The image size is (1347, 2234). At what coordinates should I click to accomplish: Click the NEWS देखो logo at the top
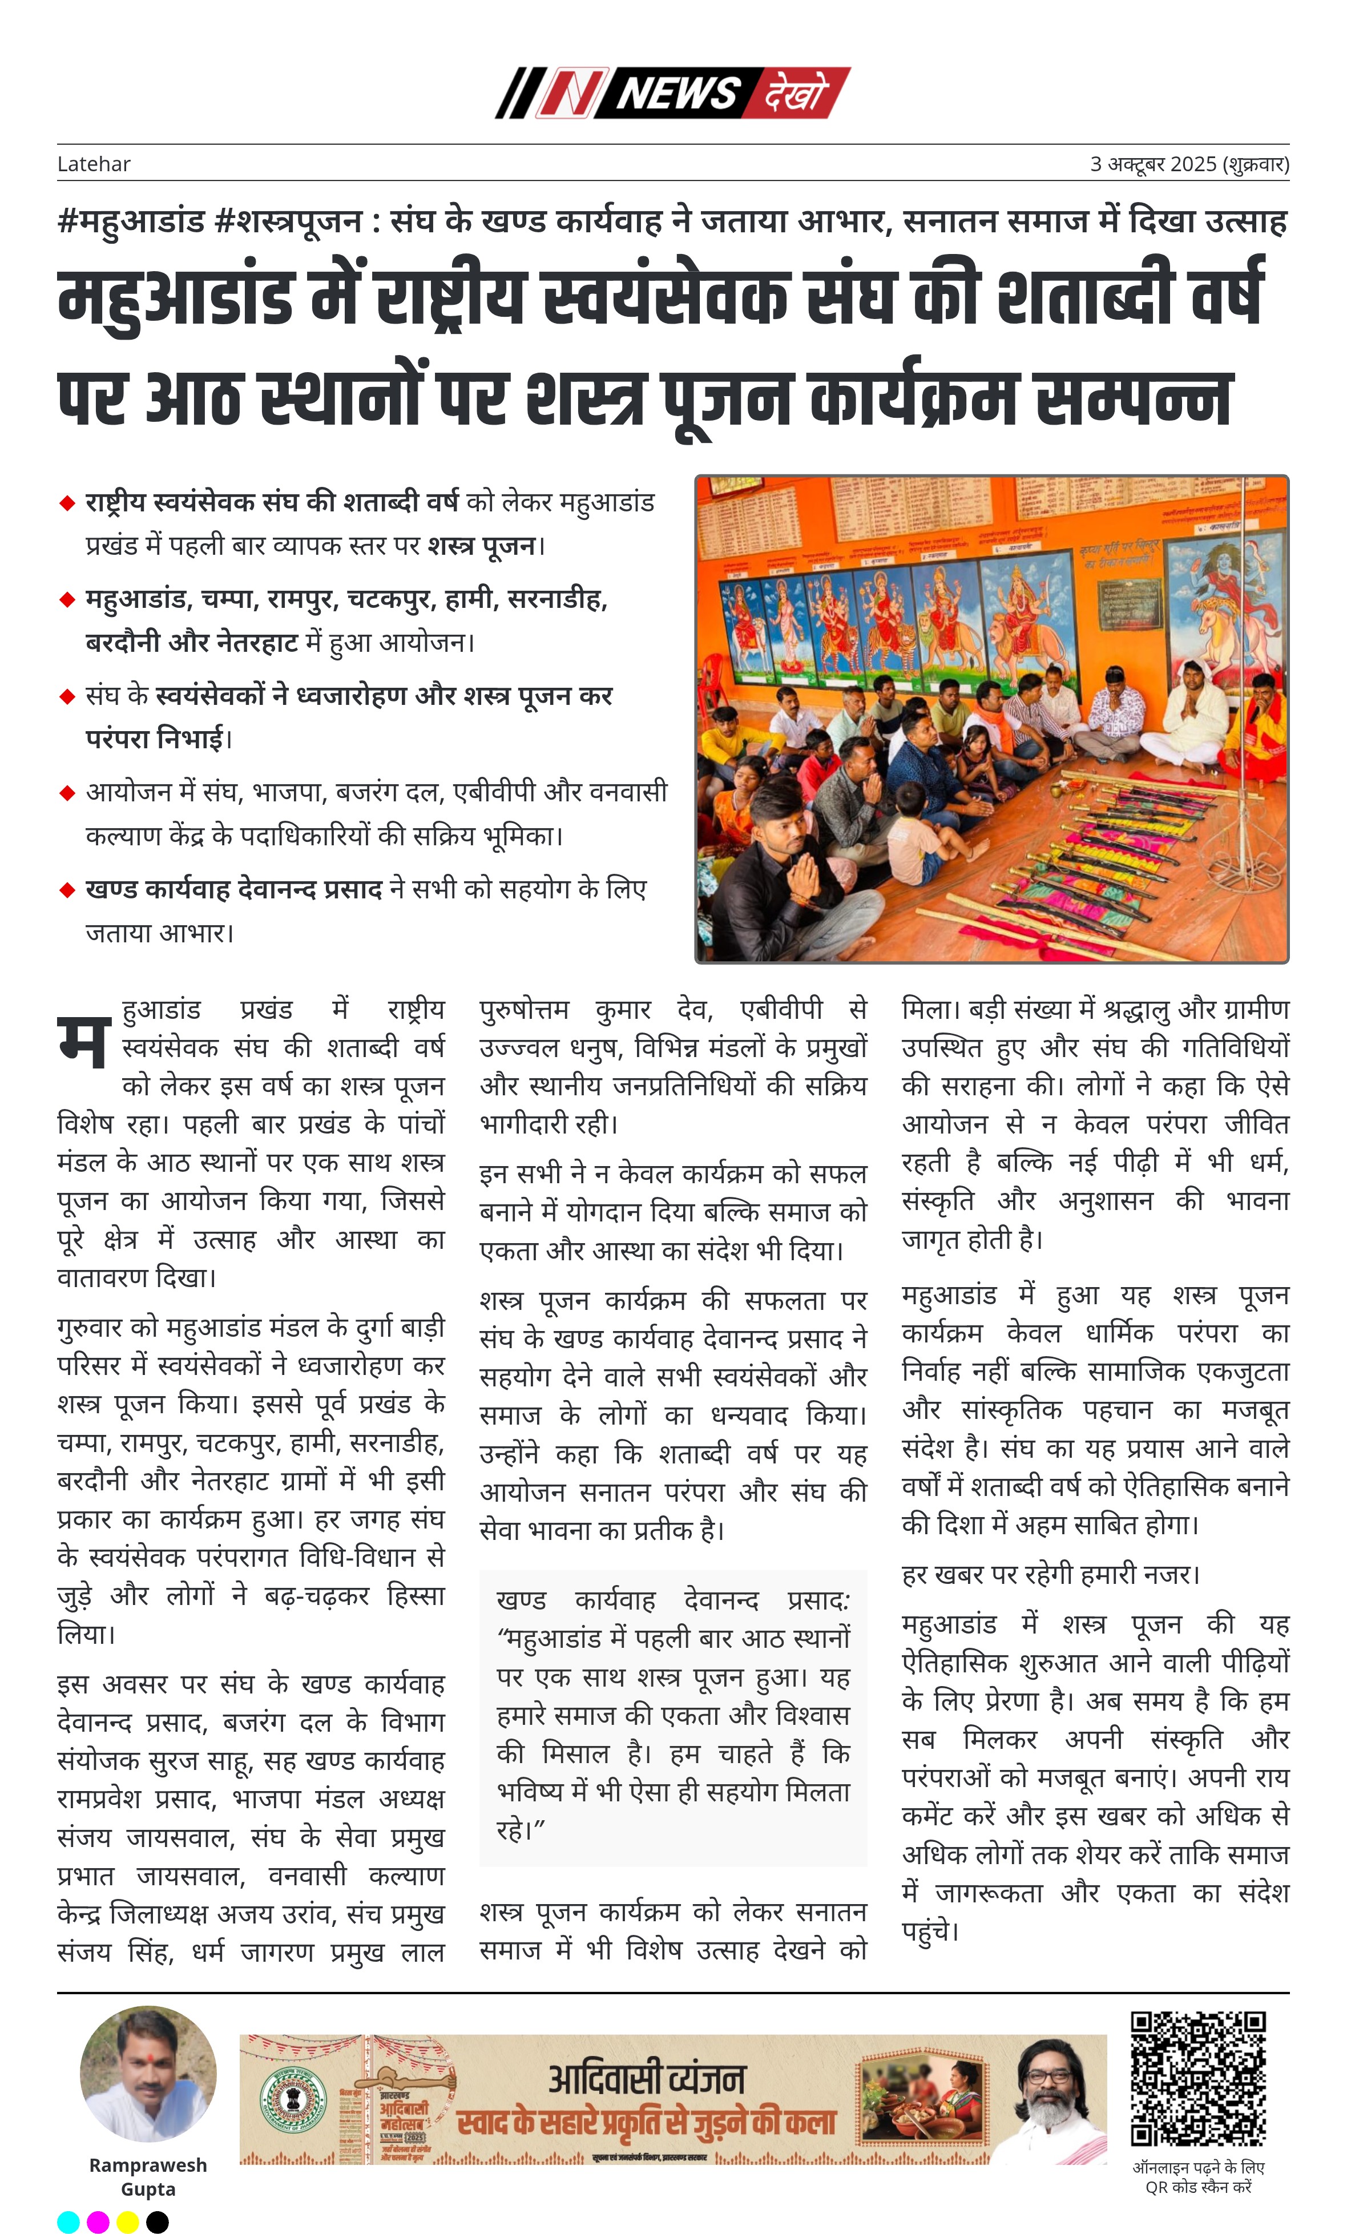tap(672, 92)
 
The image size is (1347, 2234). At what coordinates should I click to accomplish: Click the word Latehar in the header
tap(94, 164)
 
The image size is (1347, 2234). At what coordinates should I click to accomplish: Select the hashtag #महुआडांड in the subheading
tap(131, 221)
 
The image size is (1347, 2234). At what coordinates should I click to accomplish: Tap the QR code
tap(1197, 2078)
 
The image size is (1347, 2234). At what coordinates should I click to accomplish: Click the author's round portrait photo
tap(148, 2074)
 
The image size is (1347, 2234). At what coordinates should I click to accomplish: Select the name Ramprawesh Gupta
tap(148, 2177)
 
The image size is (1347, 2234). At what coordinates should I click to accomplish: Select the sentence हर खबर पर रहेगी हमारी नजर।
tap(1050, 1574)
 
